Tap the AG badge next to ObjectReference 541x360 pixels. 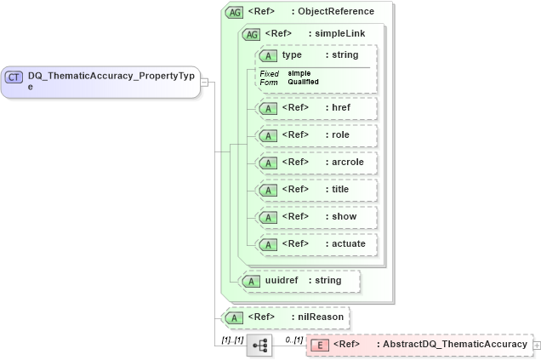(234, 12)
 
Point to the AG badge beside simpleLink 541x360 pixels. (252, 34)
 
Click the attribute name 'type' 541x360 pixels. (292, 55)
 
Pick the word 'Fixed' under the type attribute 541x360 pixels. (269, 74)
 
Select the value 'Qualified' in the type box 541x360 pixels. (304, 82)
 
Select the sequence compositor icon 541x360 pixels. (259, 345)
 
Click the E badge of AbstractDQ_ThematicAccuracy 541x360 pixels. (319, 345)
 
